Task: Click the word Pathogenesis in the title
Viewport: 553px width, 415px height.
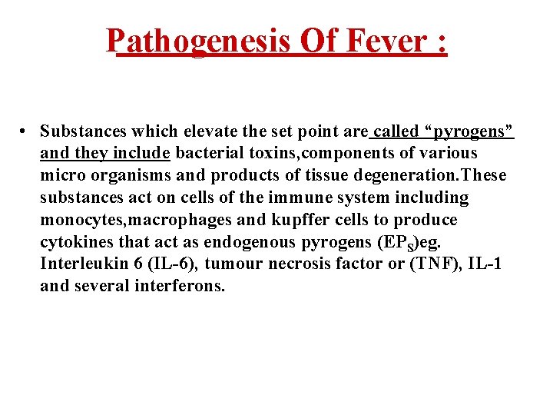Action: click(198, 41)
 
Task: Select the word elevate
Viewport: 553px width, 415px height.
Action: click(174, 131)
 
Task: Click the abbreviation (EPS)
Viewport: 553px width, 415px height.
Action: click(398, 243)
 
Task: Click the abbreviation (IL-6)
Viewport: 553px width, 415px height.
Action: click(180, 264)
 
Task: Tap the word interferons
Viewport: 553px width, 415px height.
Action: click(178, 287)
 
